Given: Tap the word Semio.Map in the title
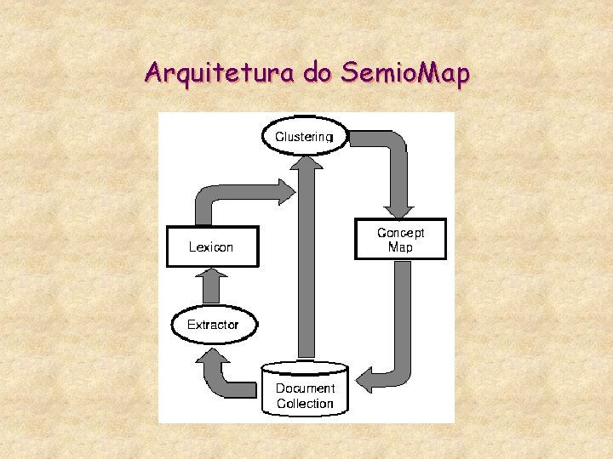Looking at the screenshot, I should click(x=404, y=75).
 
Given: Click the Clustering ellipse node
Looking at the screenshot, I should click(x=306, y=136).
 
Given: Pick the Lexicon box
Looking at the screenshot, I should click(x=211, y=246).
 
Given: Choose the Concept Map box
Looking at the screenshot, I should click(x=399, y=239).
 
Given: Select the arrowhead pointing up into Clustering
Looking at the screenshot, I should click(x=306, y=161).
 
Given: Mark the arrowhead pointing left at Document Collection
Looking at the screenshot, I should click(x=364, y=378).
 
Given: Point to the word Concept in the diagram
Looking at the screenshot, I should click(x=400, y=232).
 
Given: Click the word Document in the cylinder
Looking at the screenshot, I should click(x=305, y=388).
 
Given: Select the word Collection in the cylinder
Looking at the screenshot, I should click(x=305, y=403).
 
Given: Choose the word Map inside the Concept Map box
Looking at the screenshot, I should click(x=400, y=247).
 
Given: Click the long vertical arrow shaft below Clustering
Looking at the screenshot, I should click(x=306, y=263).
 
